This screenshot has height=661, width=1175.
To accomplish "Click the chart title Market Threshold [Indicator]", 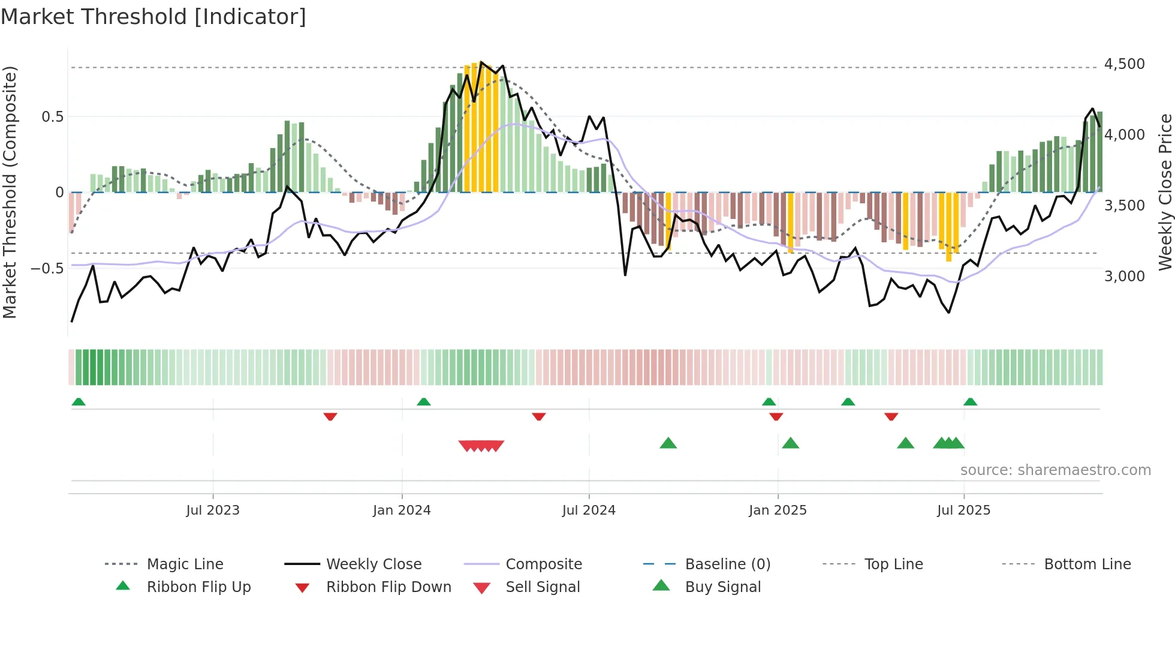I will click(153, 17).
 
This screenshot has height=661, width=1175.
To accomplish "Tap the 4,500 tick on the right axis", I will click(1124, 64).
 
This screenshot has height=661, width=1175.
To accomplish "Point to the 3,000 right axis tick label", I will click(1124, 277).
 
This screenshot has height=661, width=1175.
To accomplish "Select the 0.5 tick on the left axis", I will click(52, 117).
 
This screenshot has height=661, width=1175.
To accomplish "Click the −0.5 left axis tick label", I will click(47, 269).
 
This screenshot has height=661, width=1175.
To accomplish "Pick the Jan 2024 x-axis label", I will click(402, 510).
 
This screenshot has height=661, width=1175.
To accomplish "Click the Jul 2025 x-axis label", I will click(963, 510).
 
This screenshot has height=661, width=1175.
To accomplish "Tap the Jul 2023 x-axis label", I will click(213, 510).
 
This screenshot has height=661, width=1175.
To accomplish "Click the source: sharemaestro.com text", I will click(1055, 470).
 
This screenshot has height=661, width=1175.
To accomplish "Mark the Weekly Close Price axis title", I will click(1165, 192).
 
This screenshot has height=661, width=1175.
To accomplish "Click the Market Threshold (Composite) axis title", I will click(10, 192).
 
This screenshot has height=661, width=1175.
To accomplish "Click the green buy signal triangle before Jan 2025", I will click(668, 443).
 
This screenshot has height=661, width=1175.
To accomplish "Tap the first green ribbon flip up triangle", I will click(79, 402).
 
